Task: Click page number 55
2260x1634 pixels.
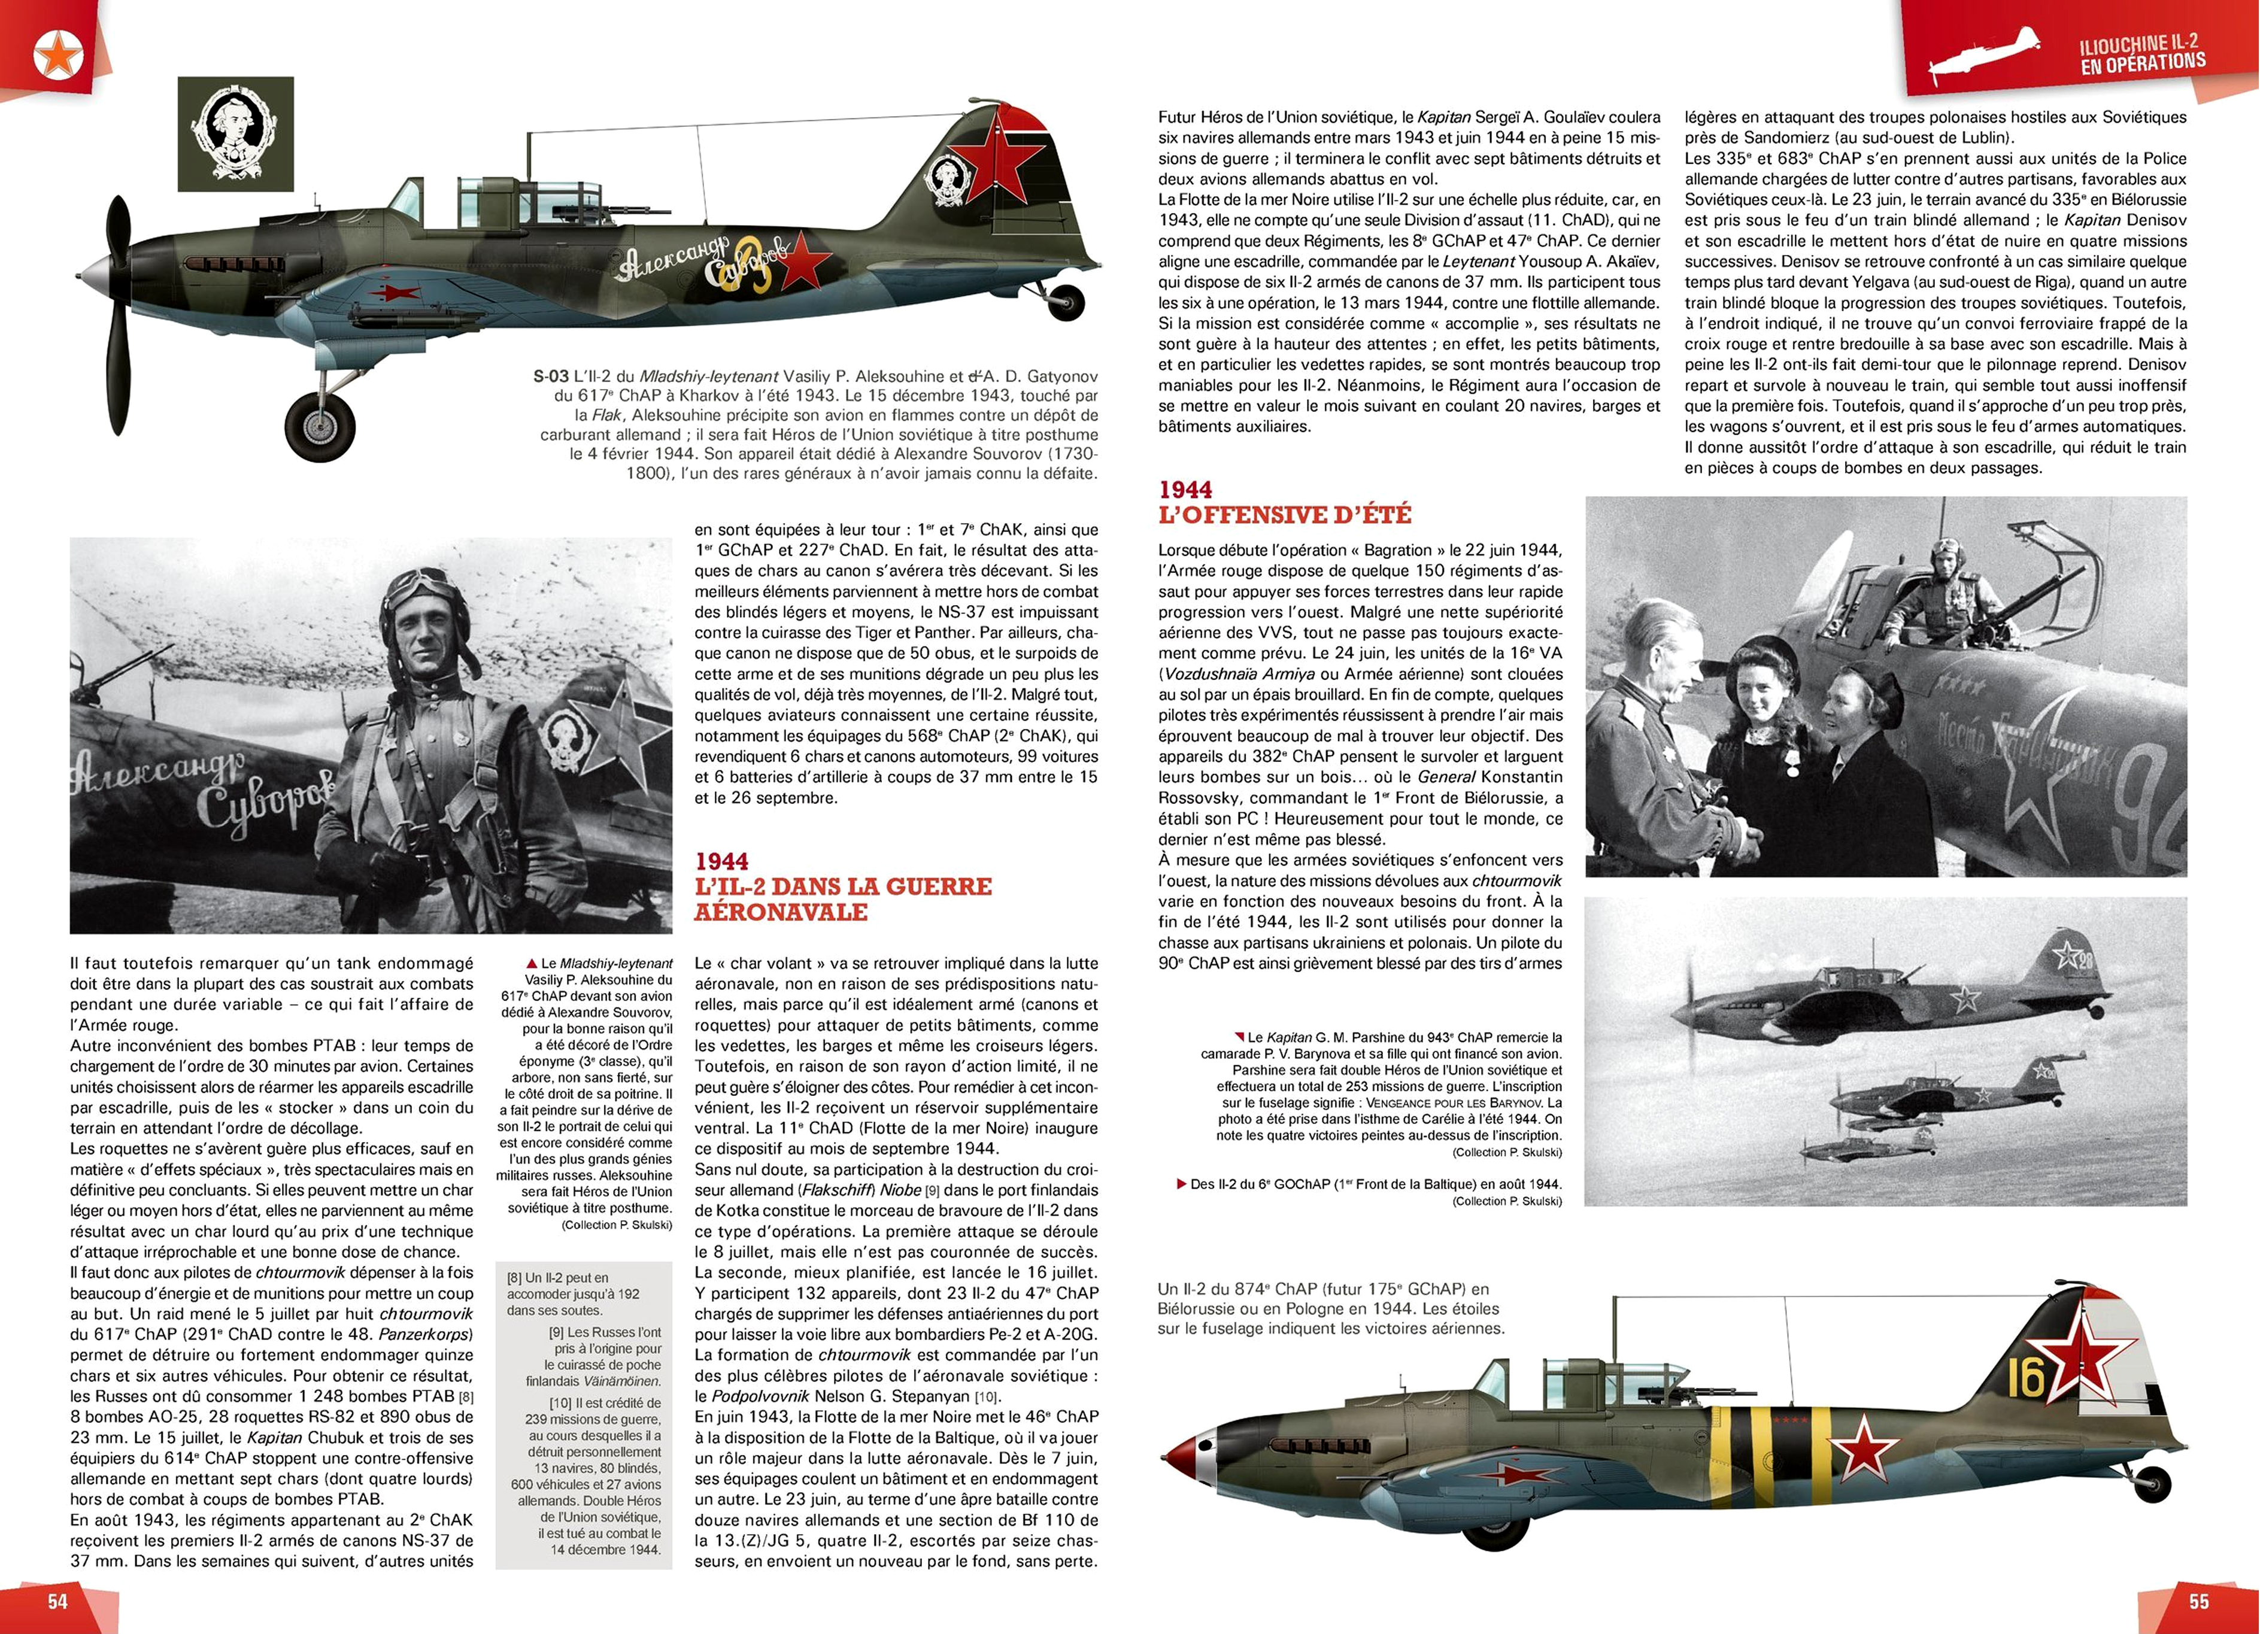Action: (2199, 1601)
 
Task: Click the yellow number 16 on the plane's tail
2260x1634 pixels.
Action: (2025, 1378)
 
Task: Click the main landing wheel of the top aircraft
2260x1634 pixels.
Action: (319, 426)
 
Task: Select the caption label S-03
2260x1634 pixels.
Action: (551, 376)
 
